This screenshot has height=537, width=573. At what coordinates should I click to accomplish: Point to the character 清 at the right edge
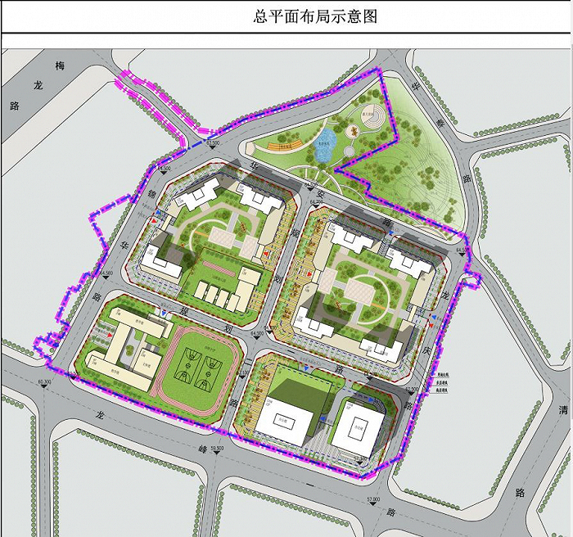(562, 409)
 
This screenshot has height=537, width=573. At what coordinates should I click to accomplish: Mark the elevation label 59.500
(216, 448)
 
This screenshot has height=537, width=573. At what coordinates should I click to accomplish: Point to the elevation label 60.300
(44, 381)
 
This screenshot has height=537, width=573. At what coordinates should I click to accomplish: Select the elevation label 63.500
(214, 143)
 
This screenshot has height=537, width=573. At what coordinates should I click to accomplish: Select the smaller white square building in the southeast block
(358, 423)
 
